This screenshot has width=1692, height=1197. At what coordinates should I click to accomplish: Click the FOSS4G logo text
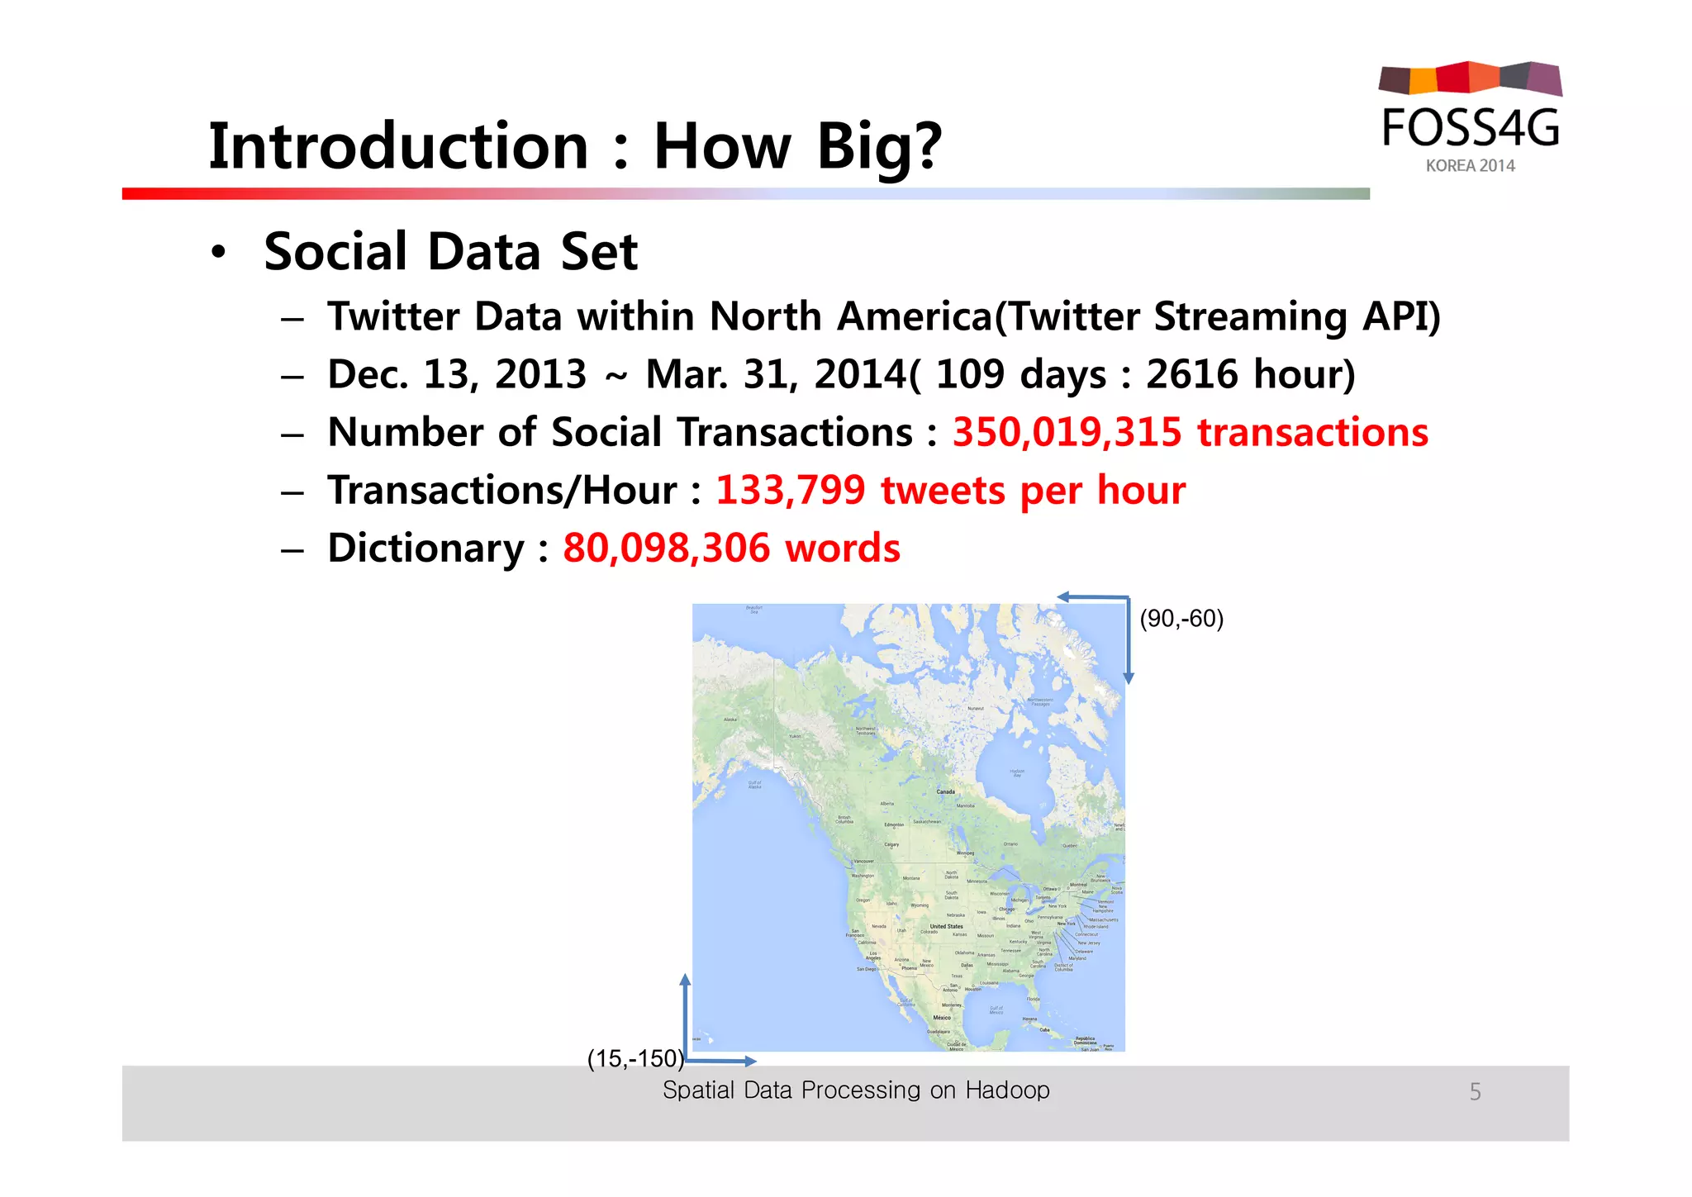(x=1471, y=129)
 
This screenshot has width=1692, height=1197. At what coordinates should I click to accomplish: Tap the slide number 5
(x=1475, y=1092)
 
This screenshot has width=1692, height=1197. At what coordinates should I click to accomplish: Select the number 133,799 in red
(x=790, y=490)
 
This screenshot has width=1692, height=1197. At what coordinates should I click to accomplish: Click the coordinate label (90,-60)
(x=1181, y=619)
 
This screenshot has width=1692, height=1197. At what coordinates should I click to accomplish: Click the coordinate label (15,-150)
(x=635, y=1058)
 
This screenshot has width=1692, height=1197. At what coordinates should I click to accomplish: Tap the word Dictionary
(x=425, y=549)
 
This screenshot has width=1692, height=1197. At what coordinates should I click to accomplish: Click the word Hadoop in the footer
(x=1007, y=1090)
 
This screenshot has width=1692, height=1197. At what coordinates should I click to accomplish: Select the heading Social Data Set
(x=450, y=251)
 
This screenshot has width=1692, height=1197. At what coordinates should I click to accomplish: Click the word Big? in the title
(x=879, y=146)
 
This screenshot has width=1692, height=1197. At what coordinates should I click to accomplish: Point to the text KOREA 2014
(x=1470, y=166)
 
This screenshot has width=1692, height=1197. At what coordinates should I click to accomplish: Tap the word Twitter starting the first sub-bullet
(x=393, y=316)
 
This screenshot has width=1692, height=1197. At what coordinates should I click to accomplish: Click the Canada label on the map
(x=945, y=791)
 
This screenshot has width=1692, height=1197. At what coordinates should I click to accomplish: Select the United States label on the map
(x=946, y=926)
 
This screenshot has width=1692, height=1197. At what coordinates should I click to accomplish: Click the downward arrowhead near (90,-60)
(x=1129, y=678)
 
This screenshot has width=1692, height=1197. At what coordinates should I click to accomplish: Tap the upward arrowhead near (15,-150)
(x=685, y=980)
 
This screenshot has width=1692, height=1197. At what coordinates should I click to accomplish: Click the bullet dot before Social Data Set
(x=217, y=252)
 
